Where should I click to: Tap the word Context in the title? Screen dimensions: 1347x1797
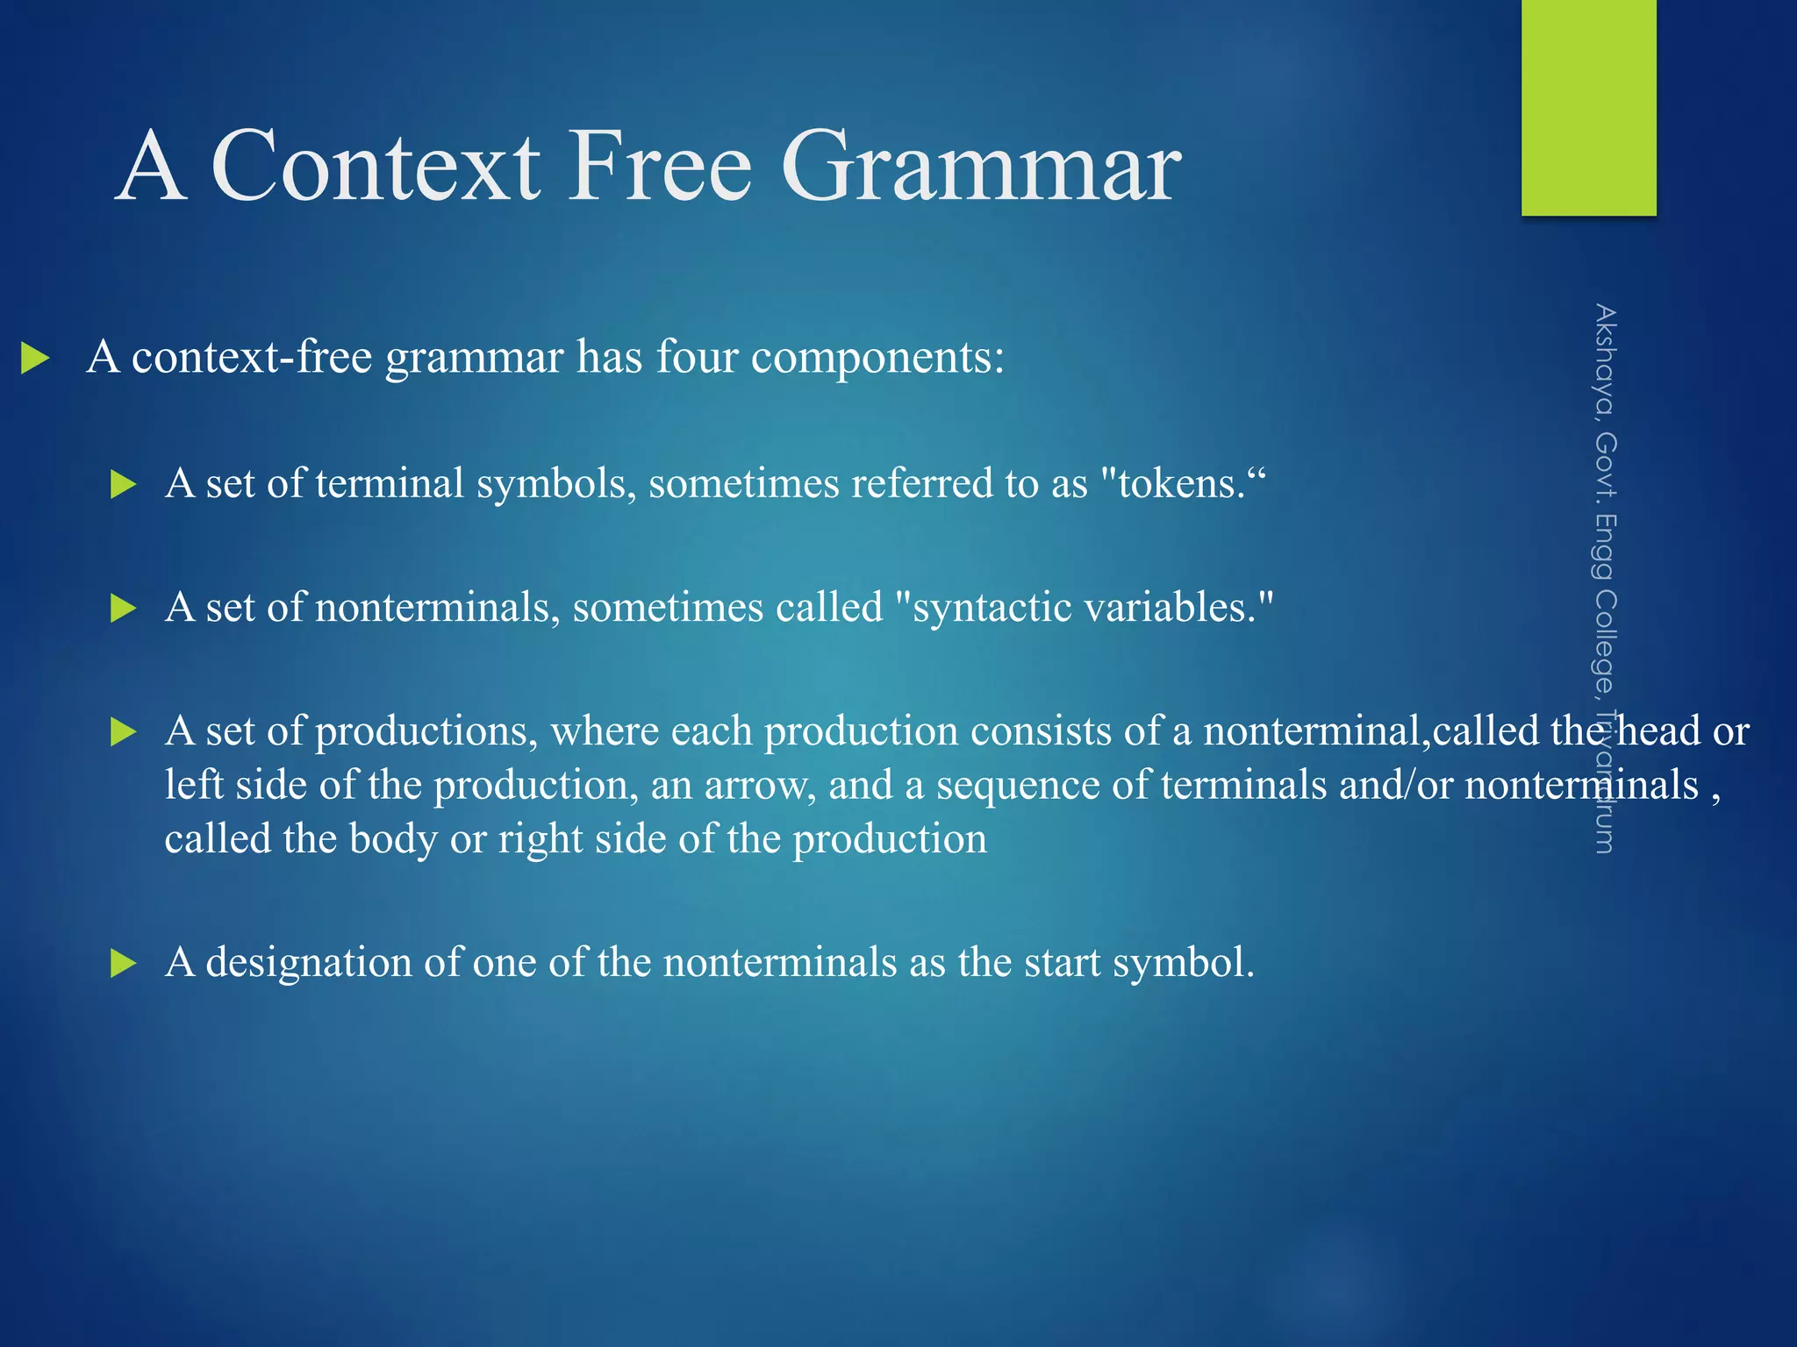[376, 167]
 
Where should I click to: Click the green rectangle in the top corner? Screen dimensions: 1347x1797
[1588, 107]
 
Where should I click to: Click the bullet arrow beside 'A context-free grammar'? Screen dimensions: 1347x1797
[35, 358]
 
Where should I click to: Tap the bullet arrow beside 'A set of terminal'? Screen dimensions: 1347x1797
[124, 484]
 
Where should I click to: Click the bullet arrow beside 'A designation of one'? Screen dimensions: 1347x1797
[124, 964]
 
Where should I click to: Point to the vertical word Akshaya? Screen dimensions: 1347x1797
[1605, 360]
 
